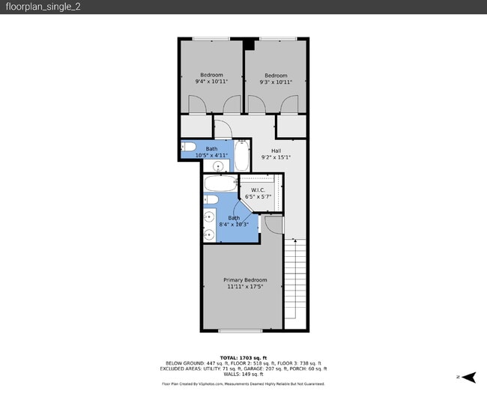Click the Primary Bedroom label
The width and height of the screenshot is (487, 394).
(x=244, y=280)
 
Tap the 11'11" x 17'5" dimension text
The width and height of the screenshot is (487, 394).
(x=244, y=287)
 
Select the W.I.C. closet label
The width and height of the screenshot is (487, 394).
(x=259, y=190)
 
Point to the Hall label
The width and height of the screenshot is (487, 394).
(x=276, y=151)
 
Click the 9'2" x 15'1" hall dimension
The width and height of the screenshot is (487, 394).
(x=276, y=157)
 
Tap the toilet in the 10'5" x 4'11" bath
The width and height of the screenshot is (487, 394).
(x=189, y=147)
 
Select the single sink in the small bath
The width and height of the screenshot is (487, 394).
(x=220, y=166)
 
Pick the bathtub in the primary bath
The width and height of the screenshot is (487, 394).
(x=220, y=184)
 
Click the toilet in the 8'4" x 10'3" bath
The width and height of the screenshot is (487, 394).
(x=211, y=200)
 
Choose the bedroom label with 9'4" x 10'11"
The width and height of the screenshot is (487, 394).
(x=211, y=75)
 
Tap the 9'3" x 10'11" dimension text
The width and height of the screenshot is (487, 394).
(x=276, y=82)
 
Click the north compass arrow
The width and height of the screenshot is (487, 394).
(x=470, y=377)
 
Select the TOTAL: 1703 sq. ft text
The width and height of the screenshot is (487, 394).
(x=243, y=358)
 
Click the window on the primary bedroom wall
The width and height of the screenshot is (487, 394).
(x=241, y=330)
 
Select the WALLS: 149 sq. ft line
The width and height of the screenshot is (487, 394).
(x=243, y=374)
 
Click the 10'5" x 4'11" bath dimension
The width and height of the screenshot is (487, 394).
(x=211, y=155)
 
